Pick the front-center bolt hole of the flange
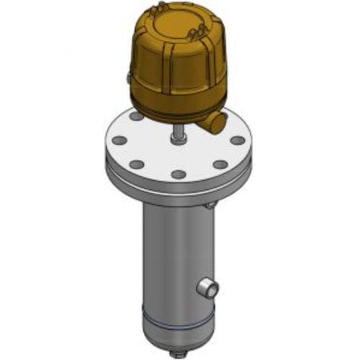(x=176, y=174)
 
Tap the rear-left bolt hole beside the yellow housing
(x=135, y=115)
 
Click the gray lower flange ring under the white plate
(x=176, y=189)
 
